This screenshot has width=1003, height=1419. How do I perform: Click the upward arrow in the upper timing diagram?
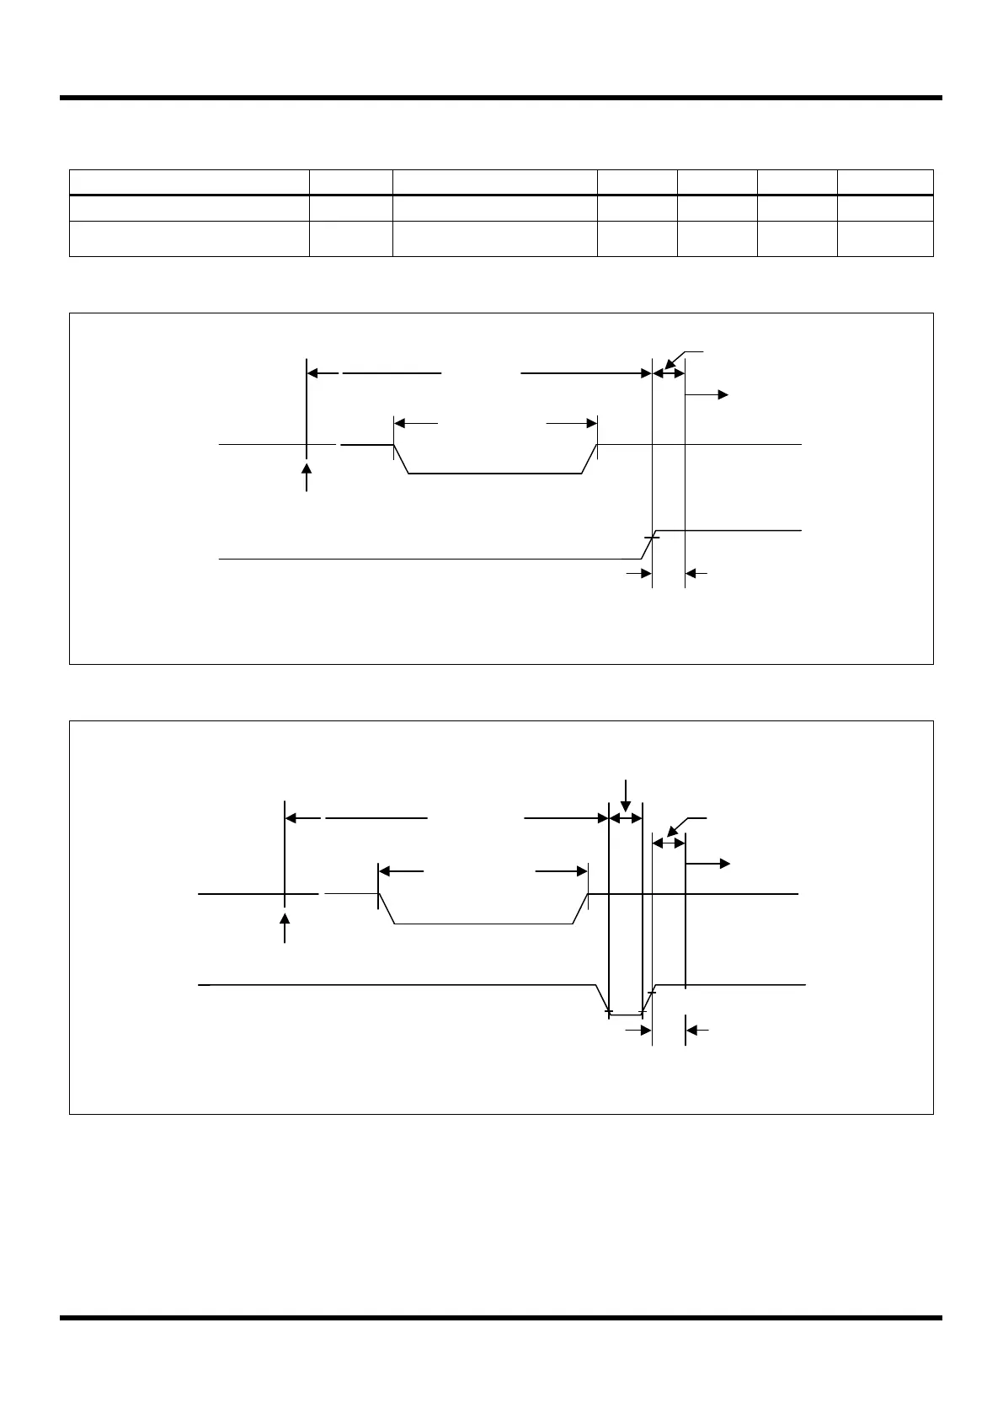[307, 475]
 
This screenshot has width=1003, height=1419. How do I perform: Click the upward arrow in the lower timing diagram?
[285, 926]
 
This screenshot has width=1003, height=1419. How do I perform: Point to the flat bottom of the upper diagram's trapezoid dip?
[495, 474]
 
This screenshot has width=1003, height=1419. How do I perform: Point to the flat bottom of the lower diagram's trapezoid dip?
[483, 924]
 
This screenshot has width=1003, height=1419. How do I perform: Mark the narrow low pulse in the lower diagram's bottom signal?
[625, 1014]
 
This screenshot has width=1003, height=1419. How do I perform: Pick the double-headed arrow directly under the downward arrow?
[626, 817]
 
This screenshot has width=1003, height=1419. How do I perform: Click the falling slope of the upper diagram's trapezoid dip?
[402, 459]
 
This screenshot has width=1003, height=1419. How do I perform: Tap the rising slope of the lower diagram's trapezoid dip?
[580, 909]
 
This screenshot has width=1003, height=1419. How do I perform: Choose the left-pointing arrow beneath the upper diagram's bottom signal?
[696, 574]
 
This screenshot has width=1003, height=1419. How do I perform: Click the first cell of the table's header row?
[189, 183]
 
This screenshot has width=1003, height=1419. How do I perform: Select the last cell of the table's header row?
[885, 183]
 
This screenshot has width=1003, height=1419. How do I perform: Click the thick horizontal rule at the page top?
[501, 98]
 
